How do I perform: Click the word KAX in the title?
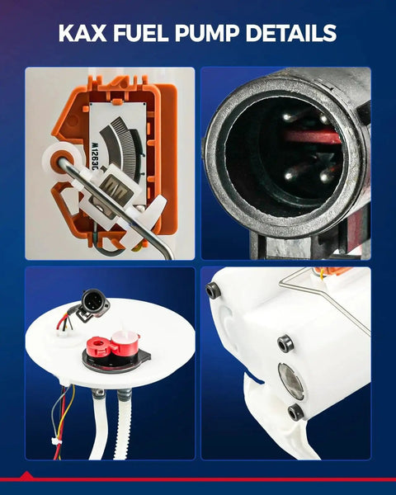[x=82, y=33]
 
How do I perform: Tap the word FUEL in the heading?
[x=141, y=33]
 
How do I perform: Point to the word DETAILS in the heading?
[x=291, y=33]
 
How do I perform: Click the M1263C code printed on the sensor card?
[x=94, y=156]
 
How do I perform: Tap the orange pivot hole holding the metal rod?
[x=59, y=161]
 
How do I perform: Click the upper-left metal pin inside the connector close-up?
[x=287, y=117]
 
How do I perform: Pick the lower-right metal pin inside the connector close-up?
[x=324, y=177]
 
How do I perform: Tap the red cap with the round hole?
[x=98, y=346]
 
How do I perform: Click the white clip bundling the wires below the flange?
[x=57, y=441]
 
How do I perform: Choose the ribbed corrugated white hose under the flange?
[x=122, y=425]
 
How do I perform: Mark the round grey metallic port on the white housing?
[x=291, y=381]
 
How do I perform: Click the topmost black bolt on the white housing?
[x=212, y=290]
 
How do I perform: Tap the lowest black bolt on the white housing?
[x=296, y=412]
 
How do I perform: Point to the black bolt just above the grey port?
[x=285, y=343]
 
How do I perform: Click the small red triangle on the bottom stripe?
[x=26, y=475]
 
